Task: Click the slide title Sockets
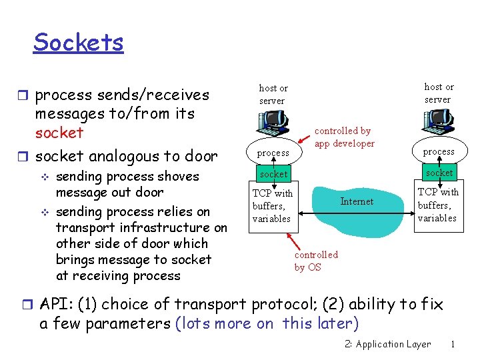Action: point(78,42)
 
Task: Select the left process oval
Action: point(273,153)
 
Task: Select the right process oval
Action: point(439,151)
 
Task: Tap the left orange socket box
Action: point(273,175)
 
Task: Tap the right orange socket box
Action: point(439,173)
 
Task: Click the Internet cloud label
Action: point(357,201)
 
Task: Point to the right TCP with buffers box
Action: point(437,205)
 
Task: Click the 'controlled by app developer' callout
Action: point(344,137)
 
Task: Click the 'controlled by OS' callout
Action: point(316,261)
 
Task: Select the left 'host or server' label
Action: point(273,94)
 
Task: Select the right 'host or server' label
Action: point(438,93)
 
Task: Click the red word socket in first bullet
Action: point(59,133)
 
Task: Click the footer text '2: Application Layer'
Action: point(388,345)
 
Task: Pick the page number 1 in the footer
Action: point(453,345)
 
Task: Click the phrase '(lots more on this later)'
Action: point(267,324)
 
